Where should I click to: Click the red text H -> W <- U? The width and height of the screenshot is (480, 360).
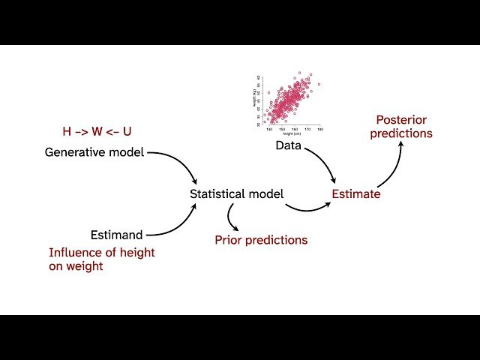click(x=97, y=131)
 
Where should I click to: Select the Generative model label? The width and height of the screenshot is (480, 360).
click(x=94, y=152)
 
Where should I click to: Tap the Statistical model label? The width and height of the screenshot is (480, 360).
click(x=236, y=194)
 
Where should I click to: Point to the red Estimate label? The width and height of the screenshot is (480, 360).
click(x=356, y=194)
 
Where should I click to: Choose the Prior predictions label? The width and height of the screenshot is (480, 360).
click(x=261, y=240)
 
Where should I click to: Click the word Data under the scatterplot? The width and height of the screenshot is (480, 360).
click(x=289, y=145)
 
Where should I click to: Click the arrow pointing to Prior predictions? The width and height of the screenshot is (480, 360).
click(x=233, y=218)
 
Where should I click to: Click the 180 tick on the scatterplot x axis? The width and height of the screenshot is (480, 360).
click(x=320, y=129)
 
